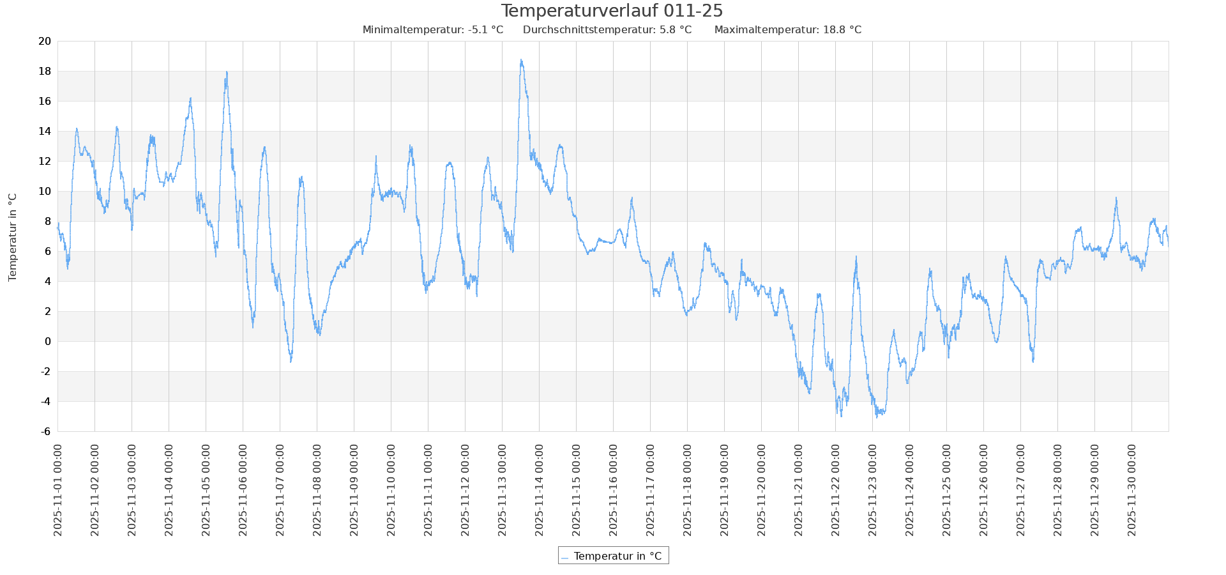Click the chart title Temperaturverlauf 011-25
coord(612,11)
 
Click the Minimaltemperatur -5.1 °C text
coord(432,30)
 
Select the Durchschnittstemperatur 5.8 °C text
coord(607,30)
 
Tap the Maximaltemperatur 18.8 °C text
coord(787,30)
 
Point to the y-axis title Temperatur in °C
coord(13,237)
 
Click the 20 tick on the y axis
coord(45,42)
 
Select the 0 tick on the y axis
coord(48,342)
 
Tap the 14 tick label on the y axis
coord(45,132)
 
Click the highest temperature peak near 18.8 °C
coord(521,60)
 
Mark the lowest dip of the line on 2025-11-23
coord(877,417)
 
